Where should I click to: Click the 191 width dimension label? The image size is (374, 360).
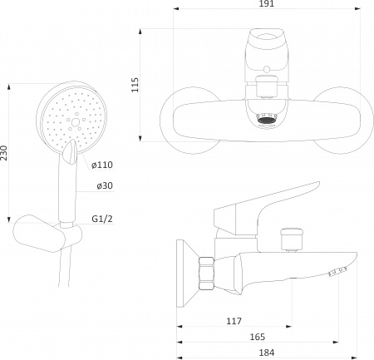tap(267, 4)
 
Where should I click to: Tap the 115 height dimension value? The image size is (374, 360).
tap(135, 85)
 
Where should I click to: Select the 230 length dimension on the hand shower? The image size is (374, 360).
tap(4, 152)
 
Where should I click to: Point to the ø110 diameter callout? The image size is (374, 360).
tap(102, 165)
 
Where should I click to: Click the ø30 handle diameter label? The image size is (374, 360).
tap(105, 185)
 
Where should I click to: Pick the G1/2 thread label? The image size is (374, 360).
tap(102, 219)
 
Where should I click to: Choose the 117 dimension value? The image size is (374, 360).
tap(234, 321)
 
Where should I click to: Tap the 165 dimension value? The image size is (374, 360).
tap(258, 337)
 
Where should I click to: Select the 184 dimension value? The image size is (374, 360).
tap(267, 353)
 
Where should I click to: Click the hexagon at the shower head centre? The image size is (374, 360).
tap(76, 121)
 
